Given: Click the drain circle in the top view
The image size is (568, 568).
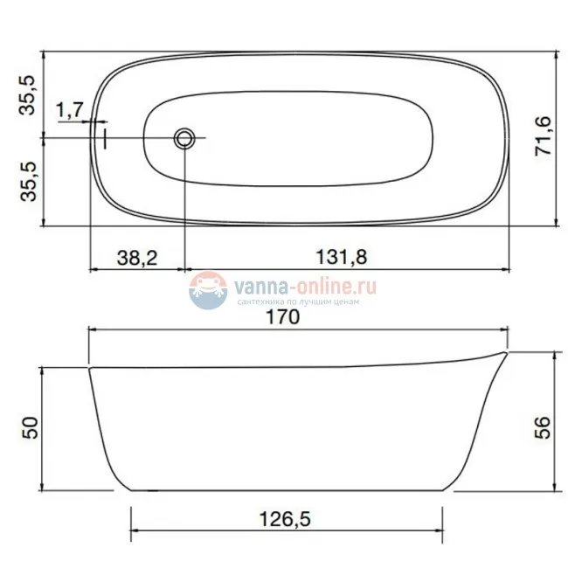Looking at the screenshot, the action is point(184,138).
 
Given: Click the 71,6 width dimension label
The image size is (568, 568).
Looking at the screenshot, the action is point(544,135).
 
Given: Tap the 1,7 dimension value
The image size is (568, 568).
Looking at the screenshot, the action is point(70,109).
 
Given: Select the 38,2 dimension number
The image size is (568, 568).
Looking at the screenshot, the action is point(137,258).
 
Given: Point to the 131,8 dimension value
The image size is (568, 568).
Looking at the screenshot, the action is point(342,256).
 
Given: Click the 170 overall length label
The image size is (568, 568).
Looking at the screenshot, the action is point(283,317).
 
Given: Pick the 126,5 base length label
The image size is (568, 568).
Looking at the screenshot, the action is point(285,519).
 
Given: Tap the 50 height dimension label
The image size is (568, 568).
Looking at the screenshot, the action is point(30,428).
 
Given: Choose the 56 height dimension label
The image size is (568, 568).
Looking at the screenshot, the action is point(543,427).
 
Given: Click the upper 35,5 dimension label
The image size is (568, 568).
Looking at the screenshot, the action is point(28,95).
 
